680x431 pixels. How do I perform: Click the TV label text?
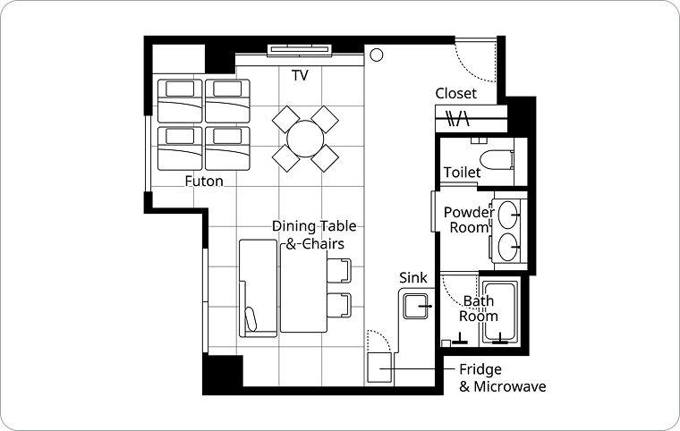[x=300, y=75]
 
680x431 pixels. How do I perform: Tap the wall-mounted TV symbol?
[x=300, y=50]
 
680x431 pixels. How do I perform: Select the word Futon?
[x=204, y=181]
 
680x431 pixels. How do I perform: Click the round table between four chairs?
[x=305, y=139]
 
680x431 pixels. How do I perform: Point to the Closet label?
[x=455, y=93]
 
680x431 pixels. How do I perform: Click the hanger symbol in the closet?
[x=458, y=118]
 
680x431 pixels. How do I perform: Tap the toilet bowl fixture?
[x=497, y=159]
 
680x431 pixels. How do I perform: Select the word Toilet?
[x=462, y=173]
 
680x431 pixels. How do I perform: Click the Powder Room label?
[x=469, y=220]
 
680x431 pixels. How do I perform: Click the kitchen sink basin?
[x=415, y=306]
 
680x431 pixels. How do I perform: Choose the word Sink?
[x=412, y=277]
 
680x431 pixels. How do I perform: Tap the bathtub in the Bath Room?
[x=500, y=312]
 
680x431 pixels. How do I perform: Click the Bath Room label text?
[x=479, y=308]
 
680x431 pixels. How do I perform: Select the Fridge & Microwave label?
[x=502, y=377]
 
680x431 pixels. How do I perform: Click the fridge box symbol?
[x=380, y=368]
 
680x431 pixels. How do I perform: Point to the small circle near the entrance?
[x=377, y=55]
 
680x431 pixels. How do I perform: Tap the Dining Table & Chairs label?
[x=314, y=234]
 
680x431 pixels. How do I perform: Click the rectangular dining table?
[x=303, y=287]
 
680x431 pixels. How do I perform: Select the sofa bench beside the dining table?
[x=258, y=288]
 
